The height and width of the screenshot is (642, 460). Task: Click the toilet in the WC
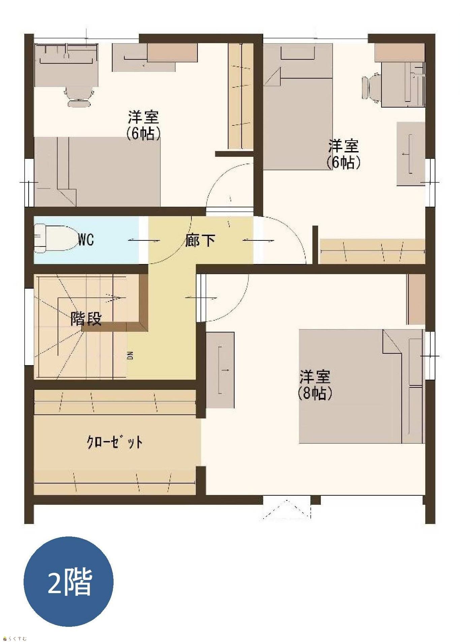(x=56, y=239)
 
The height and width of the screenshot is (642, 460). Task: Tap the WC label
(x=86, y=240)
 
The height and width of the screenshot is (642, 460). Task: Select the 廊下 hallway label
(x=200, y=240)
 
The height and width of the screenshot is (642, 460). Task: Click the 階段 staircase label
(x=86, y=319)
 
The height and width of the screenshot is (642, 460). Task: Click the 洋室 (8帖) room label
(x=315, y=385)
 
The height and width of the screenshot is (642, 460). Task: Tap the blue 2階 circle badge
(x=68, y=581)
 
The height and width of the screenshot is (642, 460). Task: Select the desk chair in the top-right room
(x=371, y=88)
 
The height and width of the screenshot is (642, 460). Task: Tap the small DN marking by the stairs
(x=130, y=355)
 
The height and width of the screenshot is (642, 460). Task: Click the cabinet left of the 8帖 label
(x=220, y=370)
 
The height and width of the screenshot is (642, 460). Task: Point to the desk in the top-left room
(x=66, y=65)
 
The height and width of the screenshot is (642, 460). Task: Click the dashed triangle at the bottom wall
(x=286, y=509)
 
